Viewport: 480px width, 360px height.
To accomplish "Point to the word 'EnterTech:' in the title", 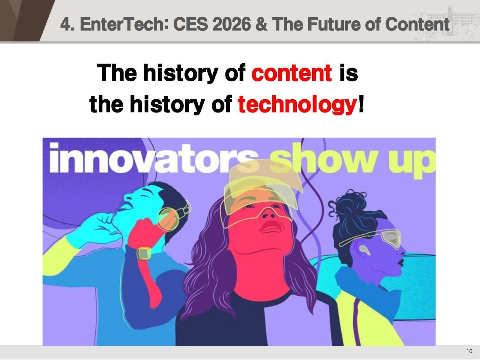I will [x=123, y=24].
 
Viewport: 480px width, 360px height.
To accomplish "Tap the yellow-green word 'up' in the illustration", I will [x=417, y=162].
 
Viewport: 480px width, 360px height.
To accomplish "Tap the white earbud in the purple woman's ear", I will [x=363, y=249].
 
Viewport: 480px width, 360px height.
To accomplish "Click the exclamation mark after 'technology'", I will [x=361, y=105].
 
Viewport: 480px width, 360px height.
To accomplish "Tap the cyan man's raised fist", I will [x=103, y=217].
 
